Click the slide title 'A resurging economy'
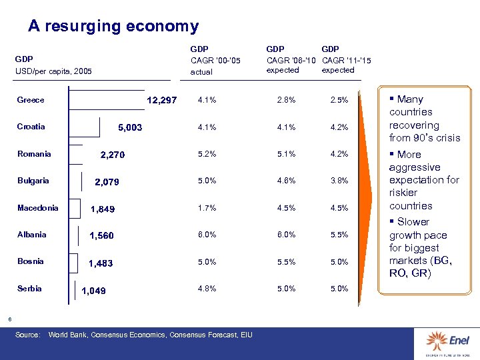113,27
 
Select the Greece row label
31,100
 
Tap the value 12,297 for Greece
162,101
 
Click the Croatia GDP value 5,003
130,127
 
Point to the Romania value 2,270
112,155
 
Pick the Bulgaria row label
32,181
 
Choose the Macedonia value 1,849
103,209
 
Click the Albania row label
32,235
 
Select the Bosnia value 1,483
101,263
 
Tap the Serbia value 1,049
93,291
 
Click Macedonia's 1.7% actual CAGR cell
207,208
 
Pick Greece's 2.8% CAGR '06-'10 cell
286,100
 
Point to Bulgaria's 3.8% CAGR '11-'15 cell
339,181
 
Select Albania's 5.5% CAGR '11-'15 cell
339,235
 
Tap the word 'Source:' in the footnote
28,334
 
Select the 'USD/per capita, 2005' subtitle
53,71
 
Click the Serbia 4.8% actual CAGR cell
207,289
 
